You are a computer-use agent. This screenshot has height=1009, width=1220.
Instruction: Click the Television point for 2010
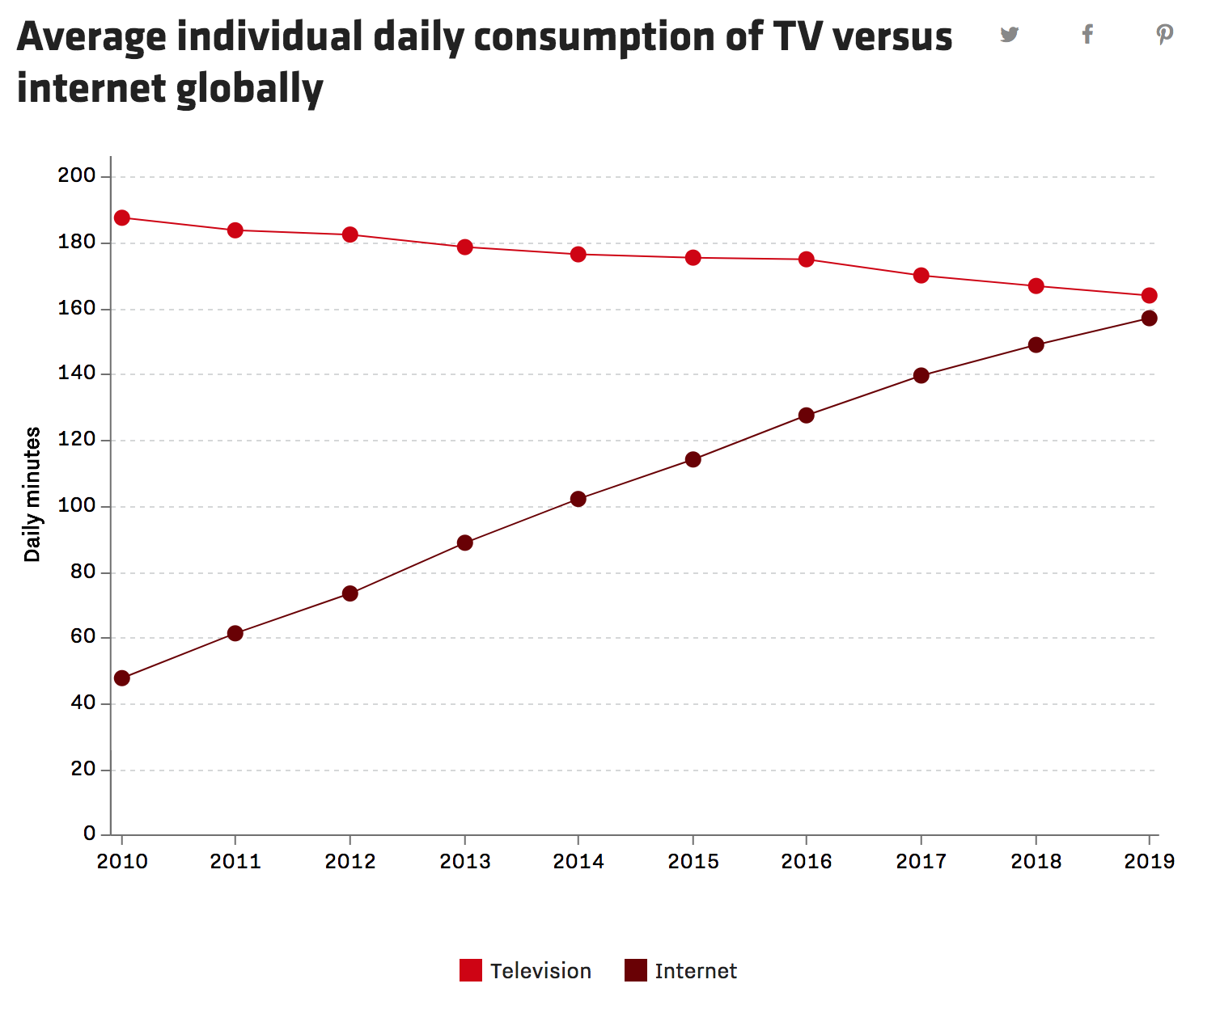tap(122, 218)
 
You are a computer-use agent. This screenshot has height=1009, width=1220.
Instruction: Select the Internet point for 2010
tap(122, 678)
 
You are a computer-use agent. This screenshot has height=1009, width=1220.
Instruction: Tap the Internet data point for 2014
tap(578, 499)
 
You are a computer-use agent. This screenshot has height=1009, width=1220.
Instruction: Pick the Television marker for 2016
tap(807, 260)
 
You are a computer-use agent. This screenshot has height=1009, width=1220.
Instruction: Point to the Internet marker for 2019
tap(1149, 319)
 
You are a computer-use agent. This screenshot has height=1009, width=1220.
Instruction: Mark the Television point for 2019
tap(1149, 296)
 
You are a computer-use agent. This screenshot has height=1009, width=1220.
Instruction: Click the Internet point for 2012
tap(350, 593)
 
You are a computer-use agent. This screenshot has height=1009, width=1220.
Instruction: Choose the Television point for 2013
tap(465, 247)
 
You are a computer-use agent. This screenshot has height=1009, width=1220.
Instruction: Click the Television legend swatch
tap(471, 970)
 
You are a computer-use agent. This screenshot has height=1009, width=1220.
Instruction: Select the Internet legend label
tap(696, 971)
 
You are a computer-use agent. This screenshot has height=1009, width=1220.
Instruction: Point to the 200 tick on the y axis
tap(77, 175)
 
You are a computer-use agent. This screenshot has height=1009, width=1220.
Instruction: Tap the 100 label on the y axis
tap(77, 506)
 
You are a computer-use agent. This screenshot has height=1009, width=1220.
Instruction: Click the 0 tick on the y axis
tap(90, 834)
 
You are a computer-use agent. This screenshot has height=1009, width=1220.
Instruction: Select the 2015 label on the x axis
tap(693, 862)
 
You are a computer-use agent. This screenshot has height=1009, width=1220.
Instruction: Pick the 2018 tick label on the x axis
tap(1036, 862)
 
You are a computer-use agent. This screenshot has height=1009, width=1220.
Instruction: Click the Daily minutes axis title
tap(32, 495)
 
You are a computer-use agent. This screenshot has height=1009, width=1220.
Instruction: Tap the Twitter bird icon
tap(1009, 35)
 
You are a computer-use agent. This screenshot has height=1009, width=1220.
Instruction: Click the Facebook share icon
tap(1088, 34)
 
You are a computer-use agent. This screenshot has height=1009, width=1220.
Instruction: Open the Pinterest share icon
tap(1164, 35)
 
